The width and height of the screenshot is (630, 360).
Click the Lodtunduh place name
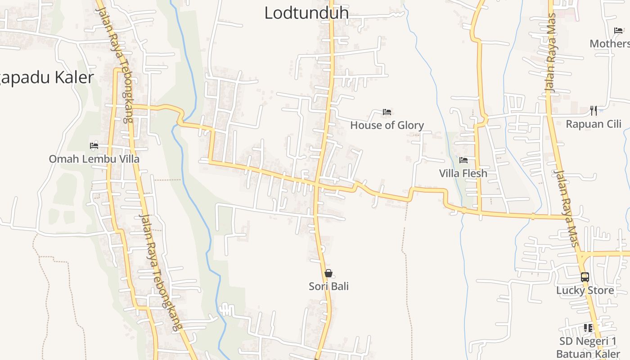point(306,13)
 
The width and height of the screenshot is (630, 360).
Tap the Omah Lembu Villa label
point(94,159)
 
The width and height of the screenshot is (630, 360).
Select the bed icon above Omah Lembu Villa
point(94,145)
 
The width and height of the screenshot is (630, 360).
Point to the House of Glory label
point(387,125)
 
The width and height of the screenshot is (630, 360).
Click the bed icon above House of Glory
point(387,112)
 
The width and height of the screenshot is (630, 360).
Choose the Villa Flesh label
point(463,173)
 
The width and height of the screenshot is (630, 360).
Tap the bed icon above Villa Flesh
point(463,160)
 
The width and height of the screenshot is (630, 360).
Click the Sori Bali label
point(328,286)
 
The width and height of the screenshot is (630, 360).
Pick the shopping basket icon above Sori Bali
point(328,273)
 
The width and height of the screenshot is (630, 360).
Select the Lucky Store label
point(585,290)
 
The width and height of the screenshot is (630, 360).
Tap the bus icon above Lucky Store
point(585,277)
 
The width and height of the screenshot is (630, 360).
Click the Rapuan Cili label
point(593,124)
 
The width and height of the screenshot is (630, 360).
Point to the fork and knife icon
point(594,110)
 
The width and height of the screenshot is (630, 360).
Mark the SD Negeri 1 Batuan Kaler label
point(588,347)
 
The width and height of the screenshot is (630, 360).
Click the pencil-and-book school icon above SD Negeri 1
point(588,328)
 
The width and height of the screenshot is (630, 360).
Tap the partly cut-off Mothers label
point(610,44)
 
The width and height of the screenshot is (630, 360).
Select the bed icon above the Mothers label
point(618,31)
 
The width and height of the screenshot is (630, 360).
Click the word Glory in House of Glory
point(409,125)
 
